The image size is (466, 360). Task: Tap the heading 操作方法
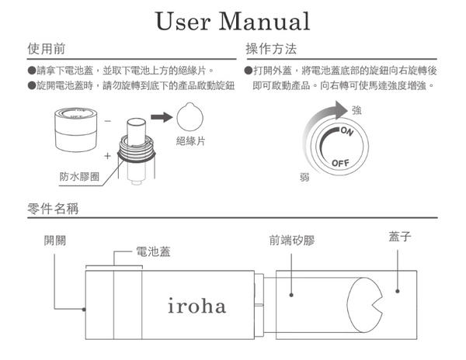[270, 49]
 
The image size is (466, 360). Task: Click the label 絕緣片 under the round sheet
[191, 141]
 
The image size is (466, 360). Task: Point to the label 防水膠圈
[78, 176]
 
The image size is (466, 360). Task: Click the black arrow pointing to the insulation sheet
[162, 117]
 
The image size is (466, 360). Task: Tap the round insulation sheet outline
[192, 117]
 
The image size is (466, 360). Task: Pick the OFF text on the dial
[340, 164]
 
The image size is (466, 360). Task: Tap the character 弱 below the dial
[304, 177]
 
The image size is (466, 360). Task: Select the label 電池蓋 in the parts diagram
[153, 252]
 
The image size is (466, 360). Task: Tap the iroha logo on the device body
[196, 305]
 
